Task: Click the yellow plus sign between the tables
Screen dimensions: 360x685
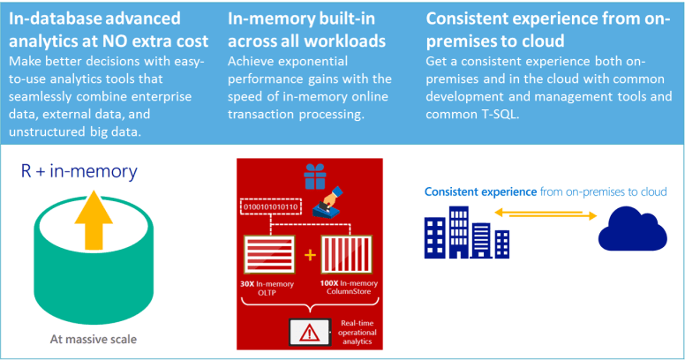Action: pos(310,256)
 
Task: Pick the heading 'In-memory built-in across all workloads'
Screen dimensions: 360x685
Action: pos(305,29)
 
